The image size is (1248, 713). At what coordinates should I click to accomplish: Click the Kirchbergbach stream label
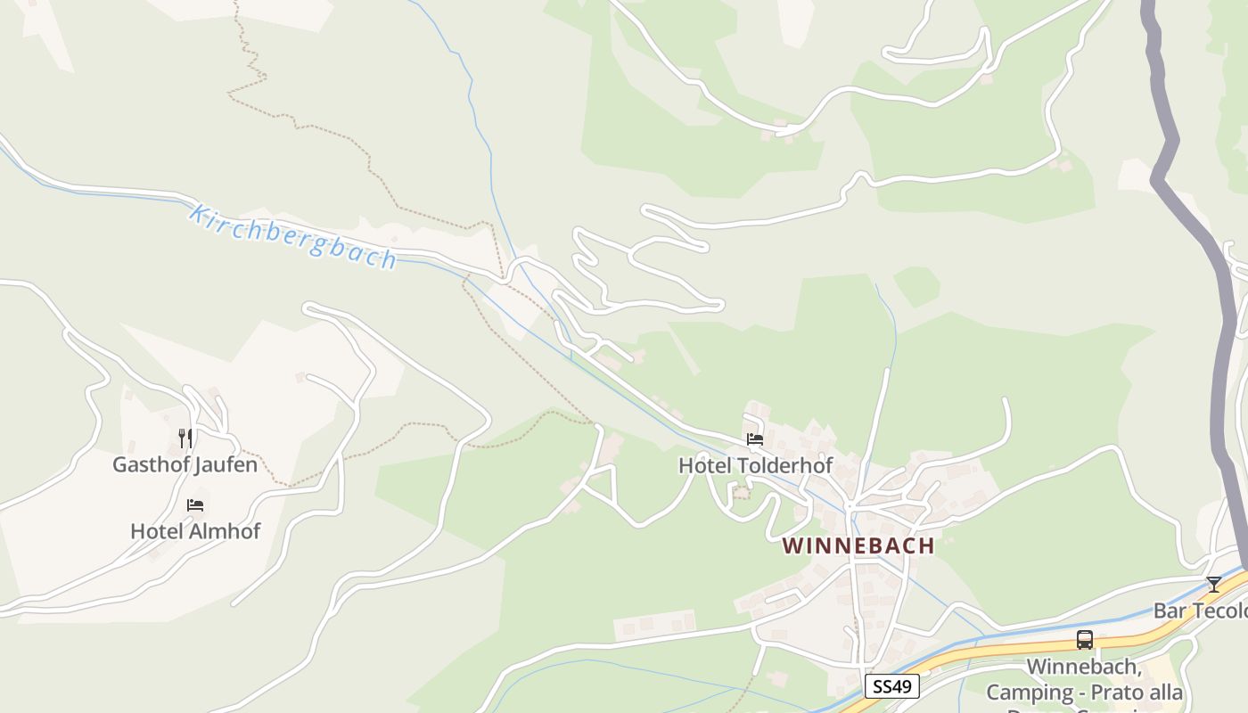click(x=292, y=238)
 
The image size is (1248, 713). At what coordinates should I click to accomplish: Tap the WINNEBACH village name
click(x=858, y=545)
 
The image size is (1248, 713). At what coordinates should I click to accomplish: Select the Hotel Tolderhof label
click(x=755, y=465)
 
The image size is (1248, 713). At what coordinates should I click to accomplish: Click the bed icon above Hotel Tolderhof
click(x=755, y=439)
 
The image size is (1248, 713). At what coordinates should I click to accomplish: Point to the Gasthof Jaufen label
click(x=185, y=464)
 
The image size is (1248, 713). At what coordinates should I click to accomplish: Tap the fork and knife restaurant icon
click(x=185, y=438)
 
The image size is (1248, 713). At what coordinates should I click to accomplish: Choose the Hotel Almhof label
click(x=195, y=531)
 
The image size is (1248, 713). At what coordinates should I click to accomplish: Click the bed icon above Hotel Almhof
click(x=195, y=505)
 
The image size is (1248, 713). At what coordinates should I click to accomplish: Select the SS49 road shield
click(x=891, y=685)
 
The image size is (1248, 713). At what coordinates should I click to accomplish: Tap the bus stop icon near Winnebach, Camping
click(x=1085, y=640)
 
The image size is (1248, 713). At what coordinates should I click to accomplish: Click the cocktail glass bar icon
click(x=1213, y=585)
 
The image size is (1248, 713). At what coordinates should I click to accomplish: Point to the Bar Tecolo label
click(x=1200, y=611)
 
